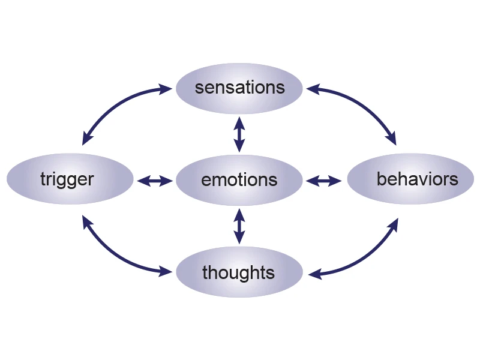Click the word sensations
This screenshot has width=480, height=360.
[x=239, y=88]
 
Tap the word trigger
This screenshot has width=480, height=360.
[x=67, y=179]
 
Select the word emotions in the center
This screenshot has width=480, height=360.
[x=239, y=179]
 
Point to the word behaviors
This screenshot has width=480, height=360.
[x=417, y=178]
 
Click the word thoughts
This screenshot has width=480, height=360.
[x=238, y=273]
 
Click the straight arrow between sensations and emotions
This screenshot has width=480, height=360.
[x=239, y=134]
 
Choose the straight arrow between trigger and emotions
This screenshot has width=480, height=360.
[x=154, y=180]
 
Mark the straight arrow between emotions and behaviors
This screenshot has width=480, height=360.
[x=325, y=180]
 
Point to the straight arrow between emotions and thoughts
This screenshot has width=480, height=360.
[x=239, y=226]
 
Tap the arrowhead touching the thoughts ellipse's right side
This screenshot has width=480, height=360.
[x=313, y=275]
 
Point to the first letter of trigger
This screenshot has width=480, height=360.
[x=44, y=179]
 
